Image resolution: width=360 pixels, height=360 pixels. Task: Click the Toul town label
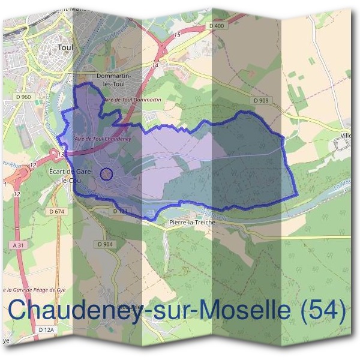coord(64,46)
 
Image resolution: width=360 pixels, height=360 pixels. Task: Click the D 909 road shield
coord(260,100)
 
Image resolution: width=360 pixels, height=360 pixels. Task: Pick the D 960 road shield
coord(24,97)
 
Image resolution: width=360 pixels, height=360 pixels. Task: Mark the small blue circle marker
coord(106,174)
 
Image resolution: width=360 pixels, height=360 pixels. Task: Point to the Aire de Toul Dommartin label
coord(133,98)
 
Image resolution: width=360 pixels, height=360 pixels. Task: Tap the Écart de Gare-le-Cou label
coord(70,176)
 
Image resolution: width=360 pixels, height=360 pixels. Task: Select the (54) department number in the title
coord(323,311)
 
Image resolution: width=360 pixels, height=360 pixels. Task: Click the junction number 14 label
coord(155,65)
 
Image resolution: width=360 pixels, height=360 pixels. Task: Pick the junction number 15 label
coord(176,36)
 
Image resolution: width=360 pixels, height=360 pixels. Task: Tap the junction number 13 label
coord(61,154)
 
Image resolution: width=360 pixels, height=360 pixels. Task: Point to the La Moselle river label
coord(214,214)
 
